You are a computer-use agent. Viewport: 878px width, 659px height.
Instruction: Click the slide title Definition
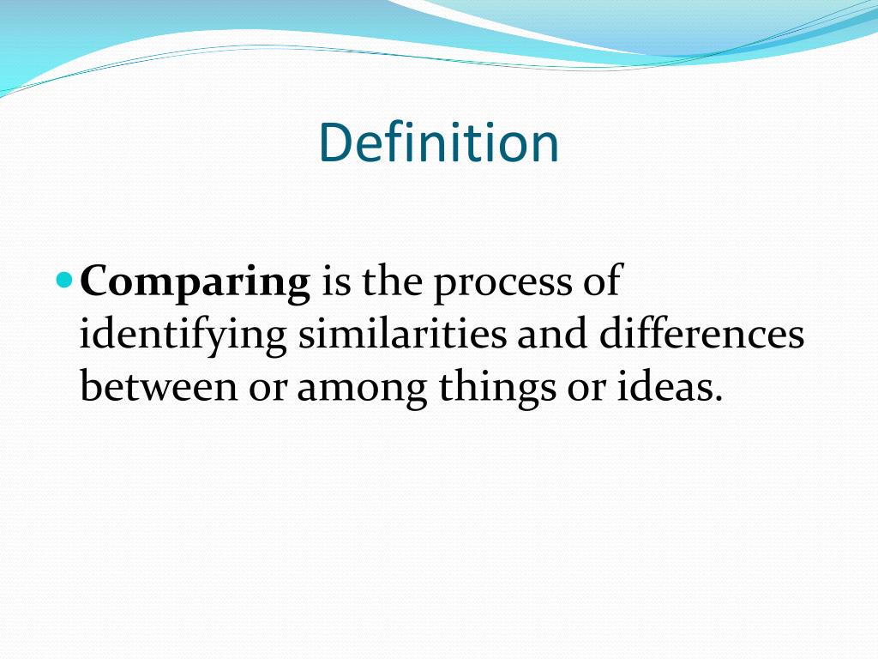pyautogui.click(x=438, y=142)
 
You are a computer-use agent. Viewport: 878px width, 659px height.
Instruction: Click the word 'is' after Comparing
pyautogui.click(x=335, y=282)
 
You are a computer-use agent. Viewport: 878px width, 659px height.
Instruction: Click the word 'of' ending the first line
pyautogui.click(x=599, y=282)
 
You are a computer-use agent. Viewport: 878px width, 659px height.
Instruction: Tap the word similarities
pyautogui.click(x=401, y=335)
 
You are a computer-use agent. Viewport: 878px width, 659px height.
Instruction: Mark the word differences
pyautogui.click(x=701, y=335)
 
